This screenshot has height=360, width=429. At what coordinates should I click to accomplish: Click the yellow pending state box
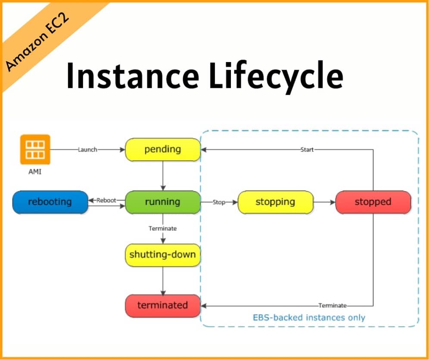pos(163,149)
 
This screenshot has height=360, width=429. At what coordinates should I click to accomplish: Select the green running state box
pos(163,202)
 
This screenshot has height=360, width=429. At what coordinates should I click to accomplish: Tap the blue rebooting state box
pos(50,202)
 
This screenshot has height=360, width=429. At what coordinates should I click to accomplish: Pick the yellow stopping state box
pos(275,202)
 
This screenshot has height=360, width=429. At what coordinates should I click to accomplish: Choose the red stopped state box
pos(373,202)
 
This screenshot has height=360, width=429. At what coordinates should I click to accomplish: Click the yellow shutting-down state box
pos(163,254)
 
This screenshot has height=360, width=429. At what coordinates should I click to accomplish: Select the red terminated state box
pos(163,305)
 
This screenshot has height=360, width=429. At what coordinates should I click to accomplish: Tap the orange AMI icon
pos(35,149)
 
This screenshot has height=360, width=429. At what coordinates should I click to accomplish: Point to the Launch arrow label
pos(87,149)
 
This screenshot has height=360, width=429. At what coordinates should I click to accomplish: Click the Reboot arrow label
pos(106,200)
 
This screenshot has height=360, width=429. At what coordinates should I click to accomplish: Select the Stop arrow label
pos(219,202)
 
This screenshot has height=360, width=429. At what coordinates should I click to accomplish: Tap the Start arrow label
pos(307,149)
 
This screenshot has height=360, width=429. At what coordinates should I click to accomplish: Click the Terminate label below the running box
pos(163,228)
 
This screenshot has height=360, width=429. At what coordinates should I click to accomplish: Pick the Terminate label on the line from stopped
pos(332,305)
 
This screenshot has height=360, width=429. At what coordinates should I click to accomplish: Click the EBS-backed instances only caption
pos(308,318)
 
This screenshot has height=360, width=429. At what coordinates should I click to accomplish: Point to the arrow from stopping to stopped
pos(324,202)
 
